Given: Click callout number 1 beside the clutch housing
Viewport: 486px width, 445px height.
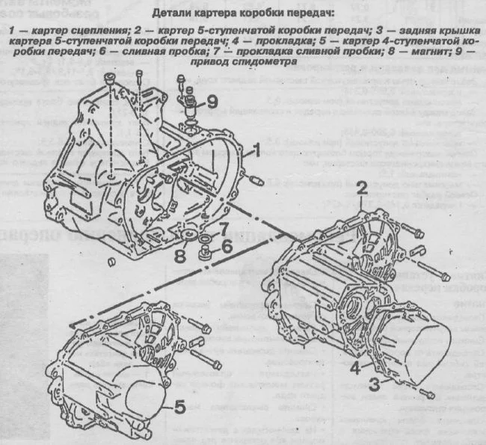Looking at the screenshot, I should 256,150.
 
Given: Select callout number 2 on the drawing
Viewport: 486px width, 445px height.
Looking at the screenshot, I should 361,187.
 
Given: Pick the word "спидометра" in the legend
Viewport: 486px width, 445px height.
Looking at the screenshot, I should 265,63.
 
